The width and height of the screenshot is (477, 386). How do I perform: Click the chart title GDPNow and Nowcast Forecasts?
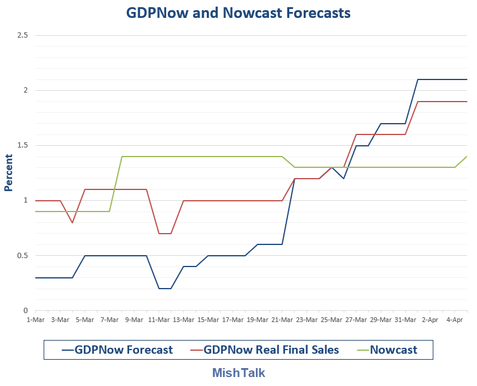tap(238, 13)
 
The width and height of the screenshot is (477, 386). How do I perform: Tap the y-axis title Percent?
tap(8, 173)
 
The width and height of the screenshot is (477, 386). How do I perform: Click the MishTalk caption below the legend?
tap(239, 373)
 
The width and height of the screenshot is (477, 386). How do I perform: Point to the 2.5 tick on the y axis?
tap(22, 36)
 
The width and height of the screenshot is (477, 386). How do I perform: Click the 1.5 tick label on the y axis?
tap(22, 146)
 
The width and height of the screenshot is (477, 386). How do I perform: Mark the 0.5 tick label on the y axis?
tap(22, 256)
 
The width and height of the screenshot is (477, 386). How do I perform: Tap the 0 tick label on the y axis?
tap(26, 311)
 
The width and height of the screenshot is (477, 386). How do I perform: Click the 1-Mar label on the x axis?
tap(35, 320)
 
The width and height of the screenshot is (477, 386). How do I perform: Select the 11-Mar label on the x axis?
tap(158, 320)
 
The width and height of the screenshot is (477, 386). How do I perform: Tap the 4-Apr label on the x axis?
tap(455, 320)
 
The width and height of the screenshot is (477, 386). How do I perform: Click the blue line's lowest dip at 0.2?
tap(165, 289)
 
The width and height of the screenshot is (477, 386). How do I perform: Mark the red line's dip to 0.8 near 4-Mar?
tap(72, 223)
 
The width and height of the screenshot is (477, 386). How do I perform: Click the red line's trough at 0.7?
tap(165, 234)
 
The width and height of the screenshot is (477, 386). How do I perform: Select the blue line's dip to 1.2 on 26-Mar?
tap(344, 179)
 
